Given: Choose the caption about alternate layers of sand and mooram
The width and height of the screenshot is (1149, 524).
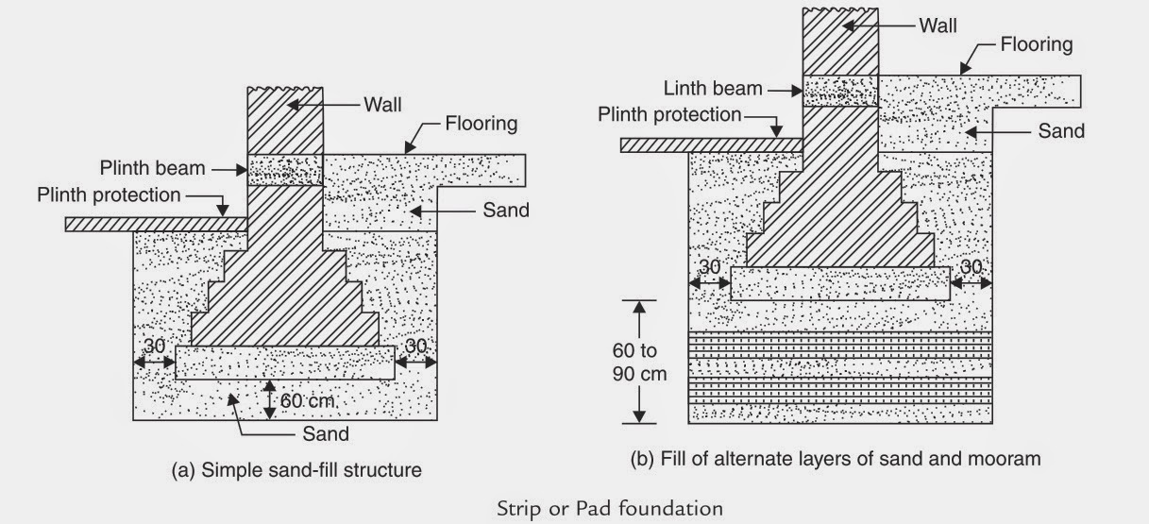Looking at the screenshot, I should (x=835, y=460).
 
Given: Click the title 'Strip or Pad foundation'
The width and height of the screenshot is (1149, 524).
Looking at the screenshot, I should (x=610, y=509).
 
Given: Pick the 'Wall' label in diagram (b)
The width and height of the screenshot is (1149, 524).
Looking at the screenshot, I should (x=939, y=24).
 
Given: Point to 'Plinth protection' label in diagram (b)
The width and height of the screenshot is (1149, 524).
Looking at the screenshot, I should (x=669, y=114).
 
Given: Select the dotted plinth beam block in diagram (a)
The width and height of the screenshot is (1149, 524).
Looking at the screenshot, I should (x=284, y=171).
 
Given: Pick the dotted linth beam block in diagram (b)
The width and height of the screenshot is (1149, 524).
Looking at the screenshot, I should (x=839, y=92).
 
